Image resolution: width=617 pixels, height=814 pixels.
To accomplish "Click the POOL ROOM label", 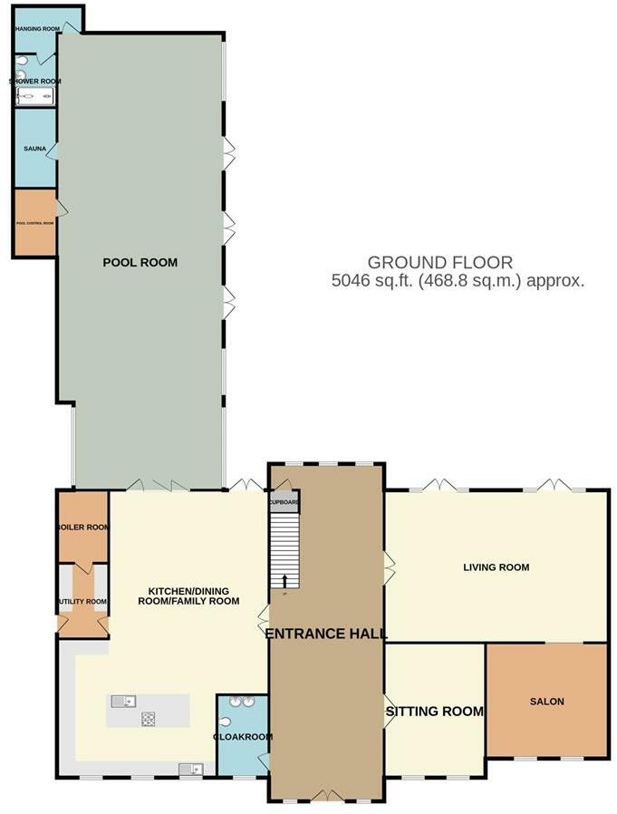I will click(x=140, y=263).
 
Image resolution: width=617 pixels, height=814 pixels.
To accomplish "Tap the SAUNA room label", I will click(x=34, y=148).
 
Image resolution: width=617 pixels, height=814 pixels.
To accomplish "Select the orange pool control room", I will click(x=35, y=221).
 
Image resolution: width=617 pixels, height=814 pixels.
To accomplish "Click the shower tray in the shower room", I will click(x=35, y=93).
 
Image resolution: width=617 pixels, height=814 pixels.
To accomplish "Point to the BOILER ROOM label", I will click(x=82, y=527).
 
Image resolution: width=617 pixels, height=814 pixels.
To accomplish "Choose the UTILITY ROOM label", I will click(x=82, y=601).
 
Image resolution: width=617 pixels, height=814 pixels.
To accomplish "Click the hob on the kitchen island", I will click(x=147, y=719).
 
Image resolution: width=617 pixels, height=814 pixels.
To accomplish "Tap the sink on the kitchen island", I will click(x=122, y=701).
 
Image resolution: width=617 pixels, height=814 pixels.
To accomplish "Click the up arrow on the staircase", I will click(x=284, y=581).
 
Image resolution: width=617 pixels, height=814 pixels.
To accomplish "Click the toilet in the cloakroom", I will click(x=225, y=722).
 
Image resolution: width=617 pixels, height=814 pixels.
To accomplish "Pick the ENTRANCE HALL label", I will click(x=326, y=634).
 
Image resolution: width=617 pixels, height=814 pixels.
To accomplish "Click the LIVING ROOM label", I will click(x=496, y=567).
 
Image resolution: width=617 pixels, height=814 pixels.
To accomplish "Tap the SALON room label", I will click(x=546, y=702).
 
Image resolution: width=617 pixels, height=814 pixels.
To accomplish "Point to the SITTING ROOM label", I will click(x=435, y=712).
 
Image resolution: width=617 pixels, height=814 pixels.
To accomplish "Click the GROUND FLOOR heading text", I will click(x=439, y=263).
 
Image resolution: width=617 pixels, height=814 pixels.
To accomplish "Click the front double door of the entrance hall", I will click(x=326, y=797).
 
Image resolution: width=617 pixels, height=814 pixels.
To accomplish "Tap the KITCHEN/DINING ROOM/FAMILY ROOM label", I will click(x=188, y=595).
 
